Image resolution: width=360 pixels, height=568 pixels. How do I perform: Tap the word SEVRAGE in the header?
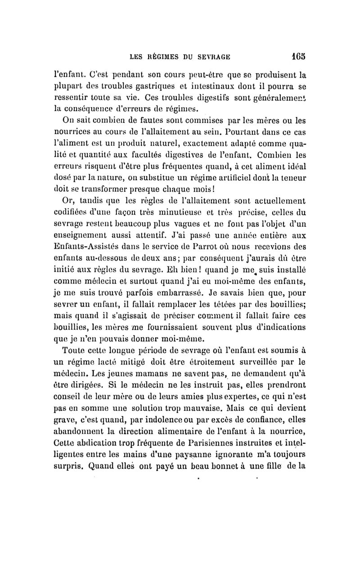click(213, 57)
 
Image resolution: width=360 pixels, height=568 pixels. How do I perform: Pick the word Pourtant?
click(207, 133)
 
